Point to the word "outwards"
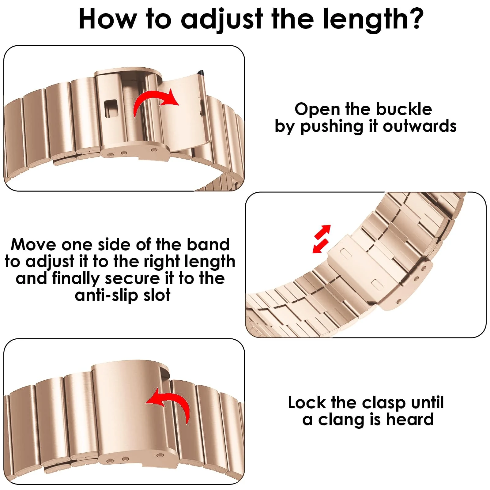(x=420, y=126)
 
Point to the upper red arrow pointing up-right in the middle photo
(x=323, y=232)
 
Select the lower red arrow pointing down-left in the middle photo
(x=320, y=246)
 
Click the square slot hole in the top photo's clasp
(x=111, y=108)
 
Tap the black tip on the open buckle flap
(x=201, y=73)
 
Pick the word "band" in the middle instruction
(x=208, y=244)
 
